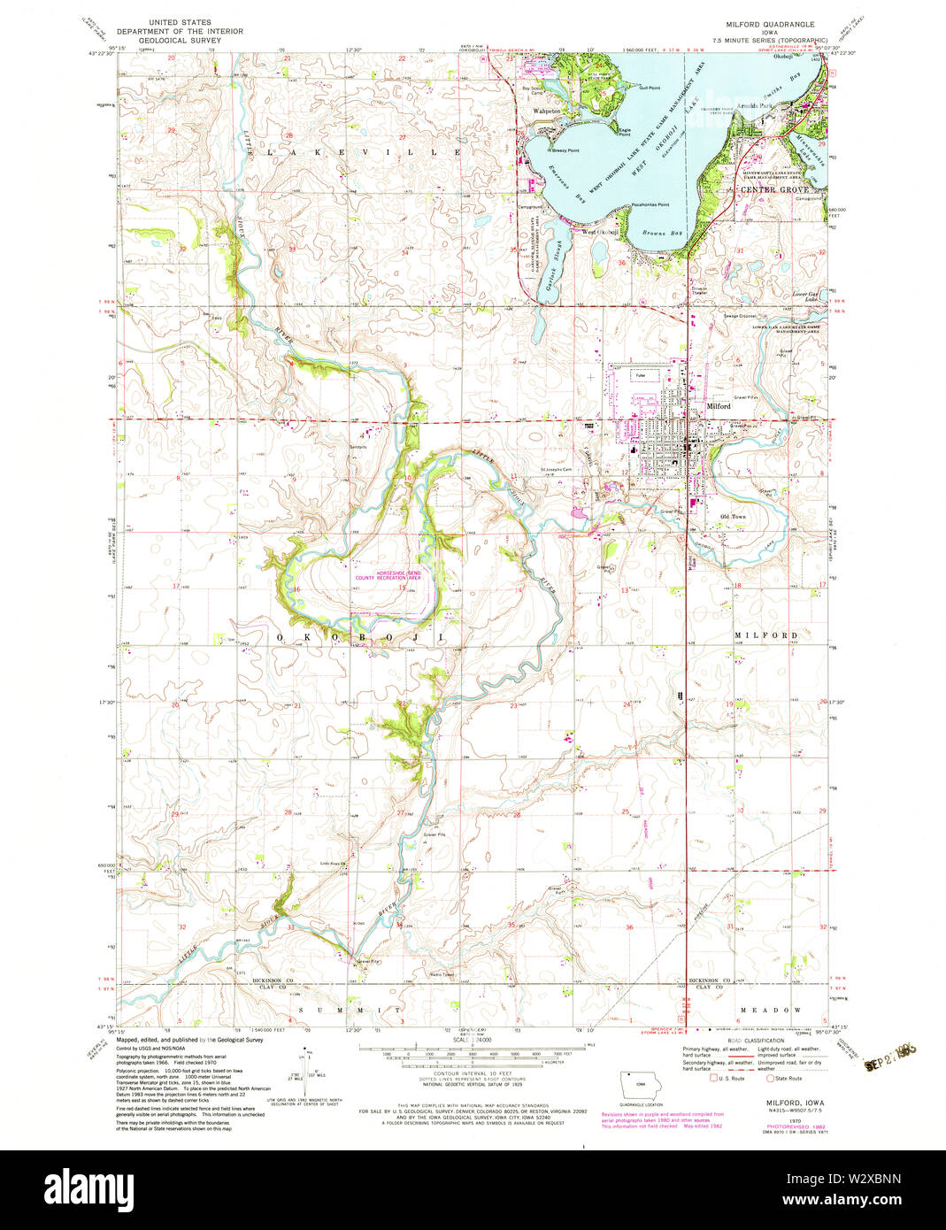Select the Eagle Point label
pyautogui.click(x=625, y=131)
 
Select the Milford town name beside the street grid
pyautogui.click(x=719, y=406)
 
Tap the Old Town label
pyautogui.click(x=733, y=516)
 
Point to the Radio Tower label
pyautogui.click(x=441, y=975)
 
